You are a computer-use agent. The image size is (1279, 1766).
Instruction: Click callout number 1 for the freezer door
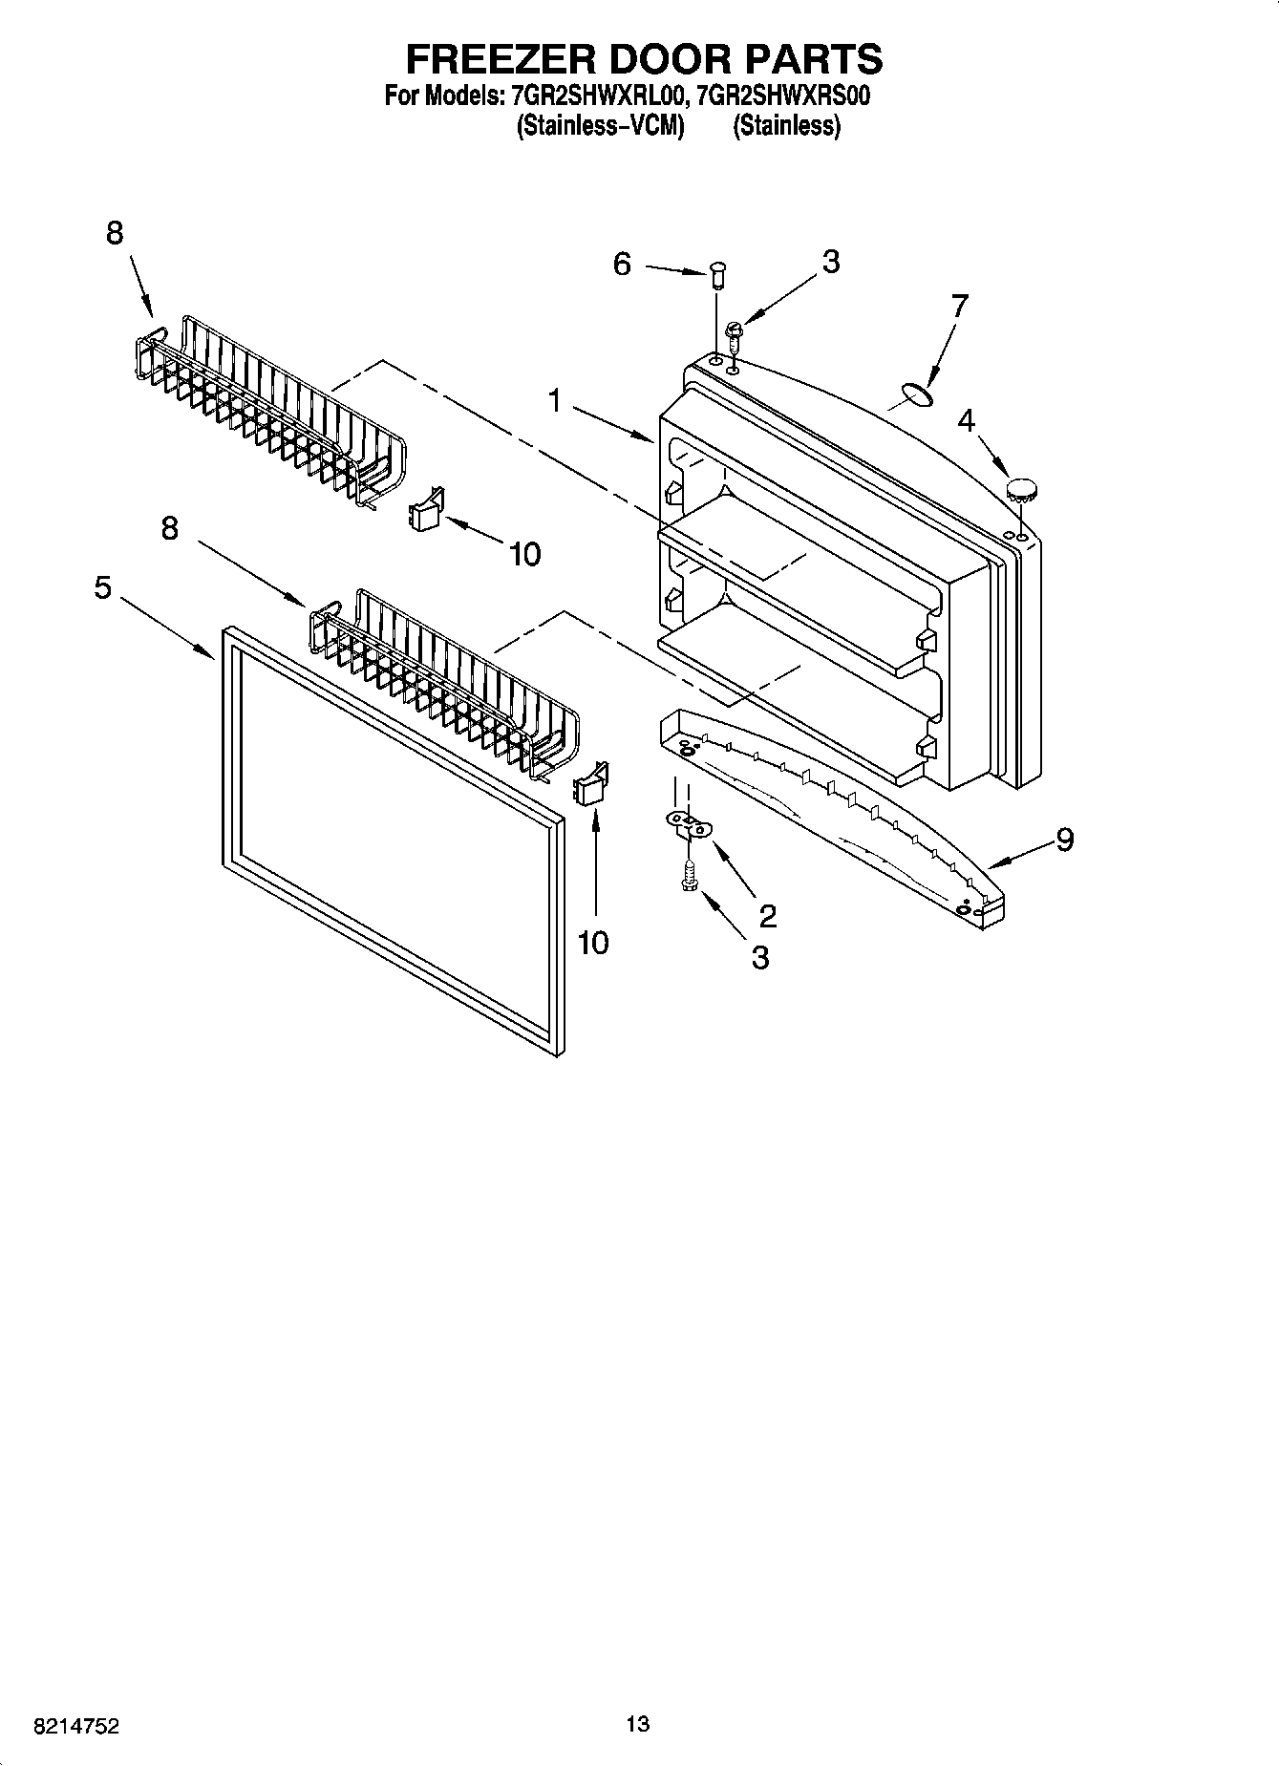(555, 401)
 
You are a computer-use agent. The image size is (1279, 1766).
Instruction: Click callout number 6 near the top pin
(622, 264)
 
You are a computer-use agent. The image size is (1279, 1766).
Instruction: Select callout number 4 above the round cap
(967, 420)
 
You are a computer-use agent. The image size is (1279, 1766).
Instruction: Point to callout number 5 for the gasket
(103, 587)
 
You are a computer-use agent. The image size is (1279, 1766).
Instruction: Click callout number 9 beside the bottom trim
(1065, 839)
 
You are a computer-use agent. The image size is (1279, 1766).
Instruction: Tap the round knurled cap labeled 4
(1023, 491)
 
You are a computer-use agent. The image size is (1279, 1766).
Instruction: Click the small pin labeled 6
(716, 277)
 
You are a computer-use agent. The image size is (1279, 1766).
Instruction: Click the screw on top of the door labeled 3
(735, 334)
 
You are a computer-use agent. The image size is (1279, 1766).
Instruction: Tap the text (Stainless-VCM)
(601, 126)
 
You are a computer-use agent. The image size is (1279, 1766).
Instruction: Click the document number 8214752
(76, 1726)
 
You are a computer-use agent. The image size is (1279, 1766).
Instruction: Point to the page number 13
(638, 1724)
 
